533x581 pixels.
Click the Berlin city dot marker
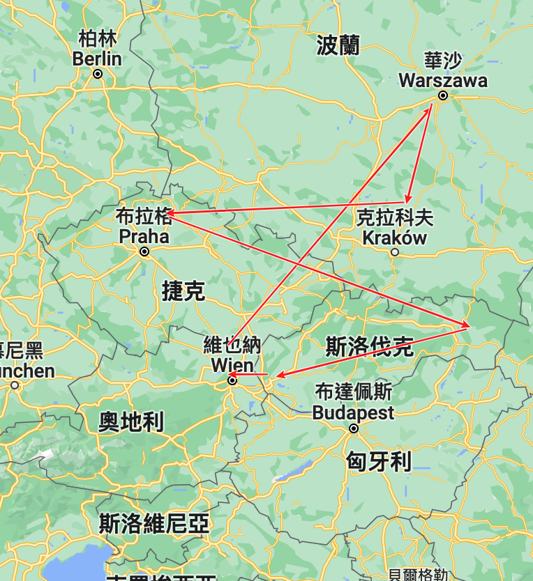98,73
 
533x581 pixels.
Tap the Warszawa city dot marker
442,95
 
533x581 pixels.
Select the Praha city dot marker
144,251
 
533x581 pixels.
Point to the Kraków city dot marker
395,252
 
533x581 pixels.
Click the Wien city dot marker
232,380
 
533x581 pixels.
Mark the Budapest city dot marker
354,428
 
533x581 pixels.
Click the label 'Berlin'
97,59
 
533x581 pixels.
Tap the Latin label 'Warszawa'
443,81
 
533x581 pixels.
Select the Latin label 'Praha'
144,237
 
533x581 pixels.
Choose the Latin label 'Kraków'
394,238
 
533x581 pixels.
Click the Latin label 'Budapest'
353,412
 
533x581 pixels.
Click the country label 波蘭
338,46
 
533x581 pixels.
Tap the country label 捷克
183,291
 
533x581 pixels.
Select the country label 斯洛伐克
369,346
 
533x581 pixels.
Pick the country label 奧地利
131,421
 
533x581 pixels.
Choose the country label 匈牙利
379,460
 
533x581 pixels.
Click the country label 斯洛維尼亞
154,523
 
